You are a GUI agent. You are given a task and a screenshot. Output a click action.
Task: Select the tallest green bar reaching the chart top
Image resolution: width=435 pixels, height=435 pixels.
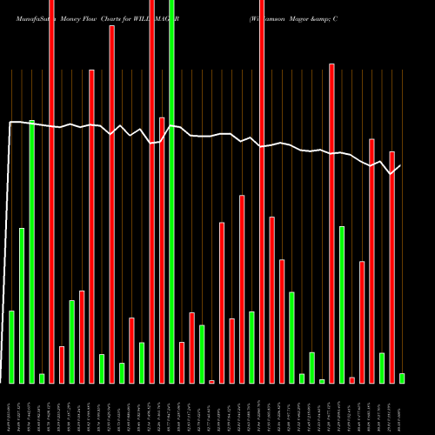point(171,191)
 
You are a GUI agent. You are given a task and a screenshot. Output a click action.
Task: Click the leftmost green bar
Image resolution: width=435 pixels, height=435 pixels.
point(11,346)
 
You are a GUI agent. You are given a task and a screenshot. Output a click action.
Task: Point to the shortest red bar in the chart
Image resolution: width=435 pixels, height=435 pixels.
point(211,381)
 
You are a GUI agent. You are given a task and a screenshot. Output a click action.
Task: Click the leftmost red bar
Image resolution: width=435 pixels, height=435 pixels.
point(51,191)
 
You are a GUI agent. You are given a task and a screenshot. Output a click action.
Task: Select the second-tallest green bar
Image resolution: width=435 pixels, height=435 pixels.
point(31,251)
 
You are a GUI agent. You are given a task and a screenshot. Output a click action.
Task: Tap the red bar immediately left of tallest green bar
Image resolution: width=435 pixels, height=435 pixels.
point(162,250)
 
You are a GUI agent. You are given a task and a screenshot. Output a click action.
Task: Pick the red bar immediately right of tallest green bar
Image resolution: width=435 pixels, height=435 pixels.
point(182,362)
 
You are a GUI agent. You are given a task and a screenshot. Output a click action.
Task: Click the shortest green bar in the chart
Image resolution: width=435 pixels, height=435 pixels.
point(322,381)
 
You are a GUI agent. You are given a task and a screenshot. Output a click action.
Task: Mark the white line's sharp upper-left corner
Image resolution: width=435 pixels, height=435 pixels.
point(10,122)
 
